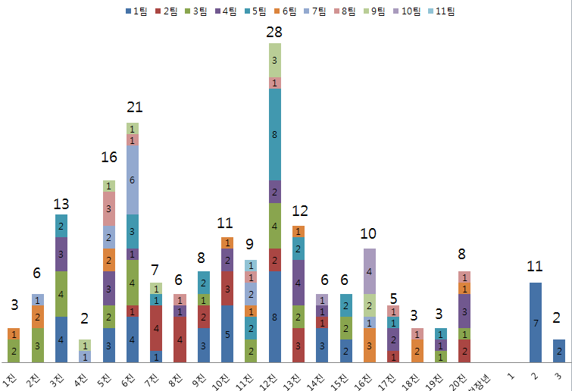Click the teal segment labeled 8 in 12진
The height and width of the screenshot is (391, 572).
coord(274,134)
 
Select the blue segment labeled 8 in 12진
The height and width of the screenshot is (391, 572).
coord(274,316)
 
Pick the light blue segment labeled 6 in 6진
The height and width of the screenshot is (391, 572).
coord(133,180)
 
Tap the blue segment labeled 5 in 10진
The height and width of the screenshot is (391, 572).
coord(227,333)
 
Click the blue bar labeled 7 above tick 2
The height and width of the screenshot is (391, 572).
coord(535,322)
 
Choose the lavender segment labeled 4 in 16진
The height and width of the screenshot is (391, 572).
coord(368,271)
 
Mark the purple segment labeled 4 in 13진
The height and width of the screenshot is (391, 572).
coord(298,282)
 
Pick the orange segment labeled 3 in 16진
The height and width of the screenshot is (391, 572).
coord(368,345)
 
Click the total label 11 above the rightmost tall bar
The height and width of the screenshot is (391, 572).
coord(535,266)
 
